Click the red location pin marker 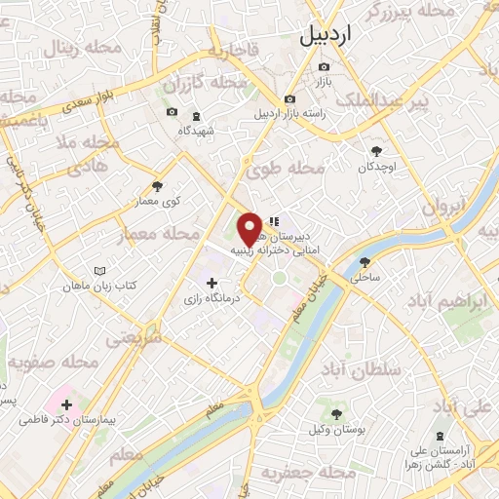click(x=250, y=228)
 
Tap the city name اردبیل click(x=331, y=37)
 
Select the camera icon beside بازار click(x=324, y=66)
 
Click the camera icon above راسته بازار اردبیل click(x=289, y=98)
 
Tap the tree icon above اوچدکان click(x=377, y=150)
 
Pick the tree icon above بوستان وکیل click(x=336, y=414)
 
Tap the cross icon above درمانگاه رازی click(x=212, y=283)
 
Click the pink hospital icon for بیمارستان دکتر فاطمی click(x=66, y=404)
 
